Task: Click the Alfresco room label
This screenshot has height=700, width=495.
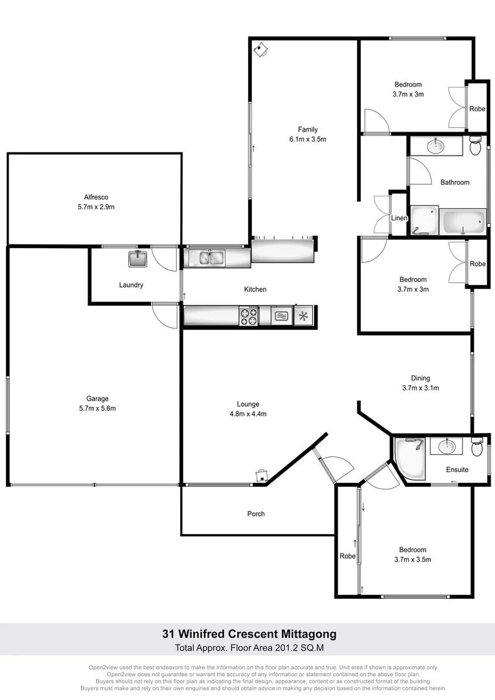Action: point(95,197)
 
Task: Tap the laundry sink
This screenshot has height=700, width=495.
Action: point(137,259)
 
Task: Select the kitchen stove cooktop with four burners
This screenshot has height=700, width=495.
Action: point(249,316)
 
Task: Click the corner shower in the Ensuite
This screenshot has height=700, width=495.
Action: point(408,459)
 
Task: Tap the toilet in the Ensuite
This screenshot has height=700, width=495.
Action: point(477,448)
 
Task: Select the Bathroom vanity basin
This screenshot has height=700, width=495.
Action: point(435,146)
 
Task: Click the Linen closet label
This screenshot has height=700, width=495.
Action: point(399,218)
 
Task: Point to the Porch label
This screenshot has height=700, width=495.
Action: point(256,514)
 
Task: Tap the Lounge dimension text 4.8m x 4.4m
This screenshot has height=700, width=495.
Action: point(248,414)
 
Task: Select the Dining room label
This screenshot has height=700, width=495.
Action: point(420,379)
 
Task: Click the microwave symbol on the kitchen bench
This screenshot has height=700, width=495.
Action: point(282,316)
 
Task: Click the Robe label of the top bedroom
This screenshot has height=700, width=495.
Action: point(478,109)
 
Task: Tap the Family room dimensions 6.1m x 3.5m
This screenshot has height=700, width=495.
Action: point(307,139)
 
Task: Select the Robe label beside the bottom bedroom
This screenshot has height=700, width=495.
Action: point(347,556)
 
